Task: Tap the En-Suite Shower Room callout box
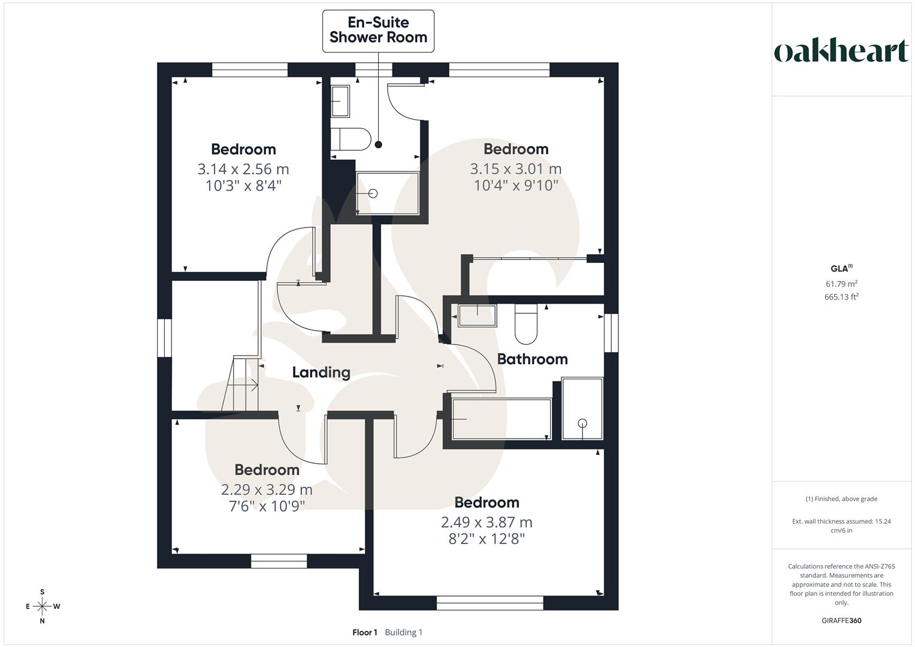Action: tap(378, 30)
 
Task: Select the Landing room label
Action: tap(321, 372)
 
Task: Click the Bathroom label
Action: tap(532, 359)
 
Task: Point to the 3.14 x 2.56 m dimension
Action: tap(243, 169)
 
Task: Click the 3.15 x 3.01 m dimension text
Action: tap(515, 169)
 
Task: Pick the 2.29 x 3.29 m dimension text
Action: tap(267, 489)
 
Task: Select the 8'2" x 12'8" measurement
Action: tap(487, 539)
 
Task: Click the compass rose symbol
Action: tap(43, 606)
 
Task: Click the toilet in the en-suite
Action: tap(351, 139)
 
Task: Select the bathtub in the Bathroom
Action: tap(501, 419)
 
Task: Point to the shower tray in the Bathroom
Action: tap(582, 409)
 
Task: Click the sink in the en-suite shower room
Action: tap(340, 101)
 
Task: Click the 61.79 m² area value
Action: tap(841, 284)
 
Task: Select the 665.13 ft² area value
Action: tap(841, 297)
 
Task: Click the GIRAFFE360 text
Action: tap(841, 621)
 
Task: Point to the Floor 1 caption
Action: tap(364, 633)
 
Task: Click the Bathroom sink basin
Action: tap(477, 315)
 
